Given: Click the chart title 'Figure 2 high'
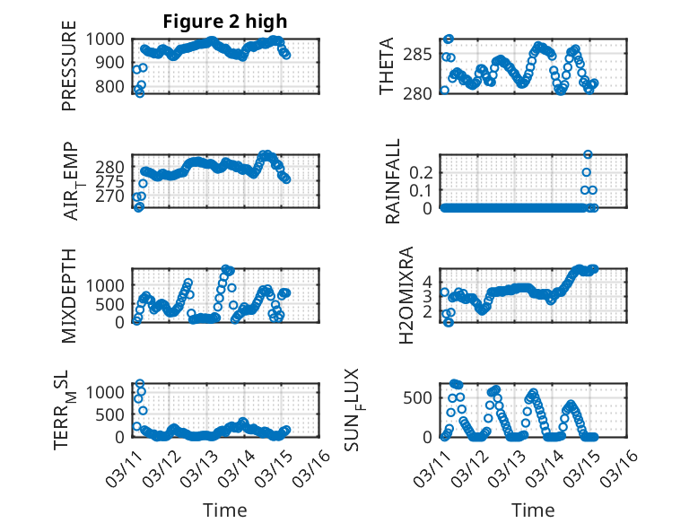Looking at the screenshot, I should click(x=224, y=22).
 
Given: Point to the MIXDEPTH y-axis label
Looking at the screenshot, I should click(x=69, y=296).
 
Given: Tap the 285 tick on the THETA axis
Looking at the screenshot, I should click(x=423, y=54).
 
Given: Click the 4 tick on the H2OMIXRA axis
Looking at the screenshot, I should click(x=429, y=280).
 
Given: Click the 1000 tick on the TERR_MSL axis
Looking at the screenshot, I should click(x=108, y=392).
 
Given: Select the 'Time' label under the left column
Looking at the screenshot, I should click(x=224, y=510).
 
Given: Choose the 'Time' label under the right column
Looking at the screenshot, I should click(x=533, y=510).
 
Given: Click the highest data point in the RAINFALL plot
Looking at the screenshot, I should click(x=588, y=154).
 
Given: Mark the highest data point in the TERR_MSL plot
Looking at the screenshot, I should click(x=139, y=384).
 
